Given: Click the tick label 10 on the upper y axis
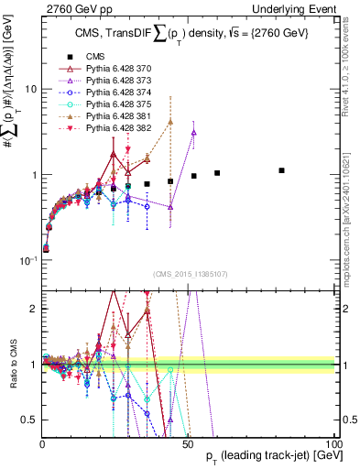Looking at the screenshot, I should [x=29, y=89].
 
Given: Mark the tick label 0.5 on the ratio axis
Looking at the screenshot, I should [x=28, y=420].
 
